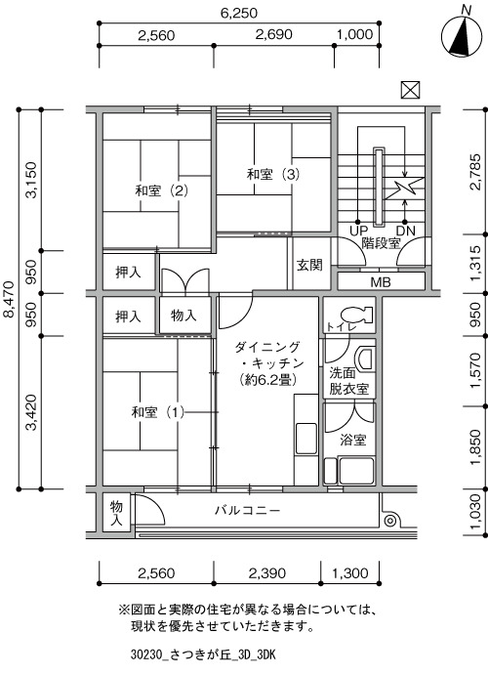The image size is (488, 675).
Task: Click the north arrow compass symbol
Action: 461,37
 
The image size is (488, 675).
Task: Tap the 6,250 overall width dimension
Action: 239,14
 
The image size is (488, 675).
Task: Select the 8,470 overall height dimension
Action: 9,299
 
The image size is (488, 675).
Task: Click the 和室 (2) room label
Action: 162,190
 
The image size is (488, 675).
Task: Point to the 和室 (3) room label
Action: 273,174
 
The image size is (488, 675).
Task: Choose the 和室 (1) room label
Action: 158,412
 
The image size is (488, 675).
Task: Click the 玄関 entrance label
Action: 309,265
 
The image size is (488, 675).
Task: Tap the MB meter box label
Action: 381,282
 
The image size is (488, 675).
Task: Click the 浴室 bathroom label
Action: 353,440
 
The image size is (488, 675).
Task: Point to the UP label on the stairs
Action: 358,231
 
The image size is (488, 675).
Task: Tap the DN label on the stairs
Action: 405,231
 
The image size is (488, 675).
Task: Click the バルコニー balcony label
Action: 248,511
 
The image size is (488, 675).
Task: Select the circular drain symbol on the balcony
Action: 390,521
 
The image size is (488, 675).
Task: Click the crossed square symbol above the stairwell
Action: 410,90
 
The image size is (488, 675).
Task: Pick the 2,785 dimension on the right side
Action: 475,172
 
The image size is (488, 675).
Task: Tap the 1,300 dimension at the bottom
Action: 350,573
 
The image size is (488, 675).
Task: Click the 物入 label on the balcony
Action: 116,513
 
